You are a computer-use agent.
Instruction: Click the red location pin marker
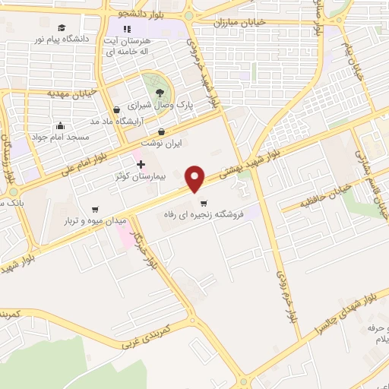[196, 178]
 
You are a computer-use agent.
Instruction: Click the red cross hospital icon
[140, 163]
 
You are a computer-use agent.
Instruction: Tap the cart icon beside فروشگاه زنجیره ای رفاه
[204, 203]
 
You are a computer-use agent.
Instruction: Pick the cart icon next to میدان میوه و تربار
[95, 209]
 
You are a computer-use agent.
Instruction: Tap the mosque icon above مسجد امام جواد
[61, 126]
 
